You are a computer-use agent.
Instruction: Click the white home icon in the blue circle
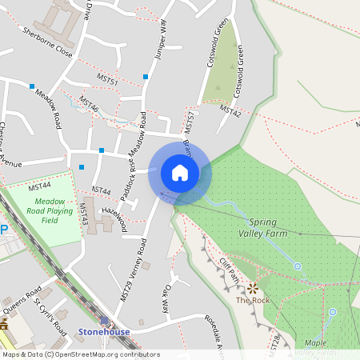tap(179, 173)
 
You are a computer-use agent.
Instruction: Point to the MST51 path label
tap(107, 82)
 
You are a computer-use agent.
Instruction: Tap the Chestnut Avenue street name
tap(10, 145)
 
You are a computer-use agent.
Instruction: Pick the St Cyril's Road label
tap(50, 316)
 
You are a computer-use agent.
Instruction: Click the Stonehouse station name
tap(103, 329)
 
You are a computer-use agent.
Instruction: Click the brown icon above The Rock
tap(254, 287)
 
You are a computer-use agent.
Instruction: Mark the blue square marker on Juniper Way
tap(146, 77)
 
